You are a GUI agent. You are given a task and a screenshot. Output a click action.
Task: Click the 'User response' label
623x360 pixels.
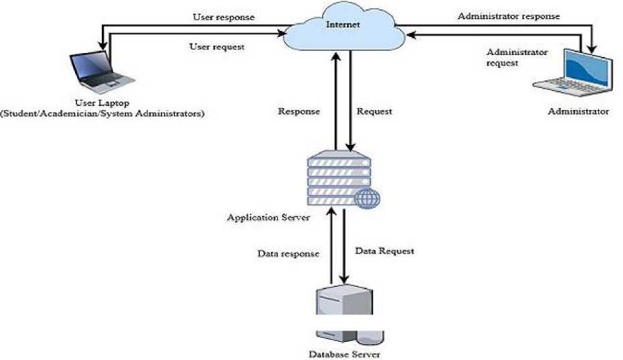[x=223, y=17]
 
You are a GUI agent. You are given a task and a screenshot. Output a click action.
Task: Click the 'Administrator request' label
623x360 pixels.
[x=516, y=57]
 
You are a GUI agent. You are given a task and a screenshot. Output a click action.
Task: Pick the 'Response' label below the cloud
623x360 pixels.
[x=299, y=111]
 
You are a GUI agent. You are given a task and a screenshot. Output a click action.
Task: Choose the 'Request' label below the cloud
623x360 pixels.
[x=374, y=111]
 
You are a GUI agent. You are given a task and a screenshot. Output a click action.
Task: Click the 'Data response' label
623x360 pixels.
[x=288, y=254]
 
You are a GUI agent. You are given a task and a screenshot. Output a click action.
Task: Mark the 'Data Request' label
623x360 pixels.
[x=385, y=251]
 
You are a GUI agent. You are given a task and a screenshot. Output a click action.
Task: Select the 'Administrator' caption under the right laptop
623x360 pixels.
[x=578, y=111]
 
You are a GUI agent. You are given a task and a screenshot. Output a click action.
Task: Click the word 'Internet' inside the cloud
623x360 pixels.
[x=343, y=25]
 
